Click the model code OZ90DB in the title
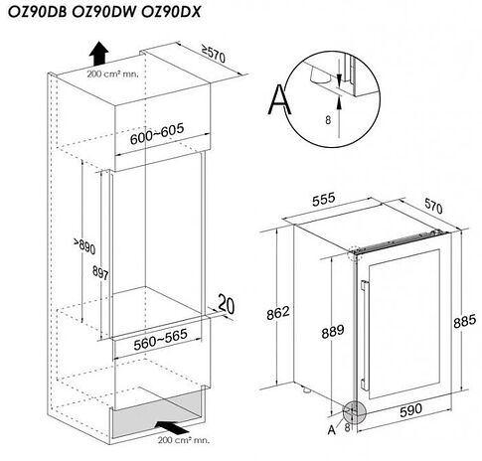tap(38, 12)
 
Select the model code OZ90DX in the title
tap(171, 12)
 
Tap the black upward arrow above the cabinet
tap(98, 53)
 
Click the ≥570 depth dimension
tap(214, 54)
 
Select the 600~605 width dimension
tap(157, 134)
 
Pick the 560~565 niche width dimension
tap(161, 340)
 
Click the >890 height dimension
tap(84, 245)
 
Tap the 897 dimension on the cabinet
tap(100, 273)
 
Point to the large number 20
tap(227, 304)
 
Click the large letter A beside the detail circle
tap(280, 99)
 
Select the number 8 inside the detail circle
tap(328, 120)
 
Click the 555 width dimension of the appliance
tap(324, 199)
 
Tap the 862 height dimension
tap(278, 313)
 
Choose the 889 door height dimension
tap(333, 332)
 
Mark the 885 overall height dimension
tap(465, 321)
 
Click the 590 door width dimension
tap(411, 410)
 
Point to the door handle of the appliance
tap(365, 335)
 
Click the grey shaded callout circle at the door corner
tap(355, 412)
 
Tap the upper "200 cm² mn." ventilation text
tap(112, 74)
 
